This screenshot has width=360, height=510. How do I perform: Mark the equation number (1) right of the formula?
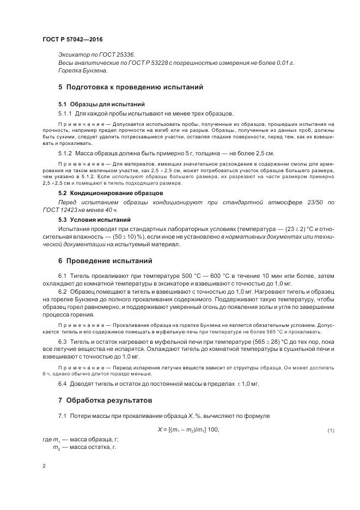330,430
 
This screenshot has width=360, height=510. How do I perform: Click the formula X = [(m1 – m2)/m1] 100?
188,430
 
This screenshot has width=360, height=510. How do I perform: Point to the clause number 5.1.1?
65,113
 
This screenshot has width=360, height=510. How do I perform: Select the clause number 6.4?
62,384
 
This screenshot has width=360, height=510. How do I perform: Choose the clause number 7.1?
62,416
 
